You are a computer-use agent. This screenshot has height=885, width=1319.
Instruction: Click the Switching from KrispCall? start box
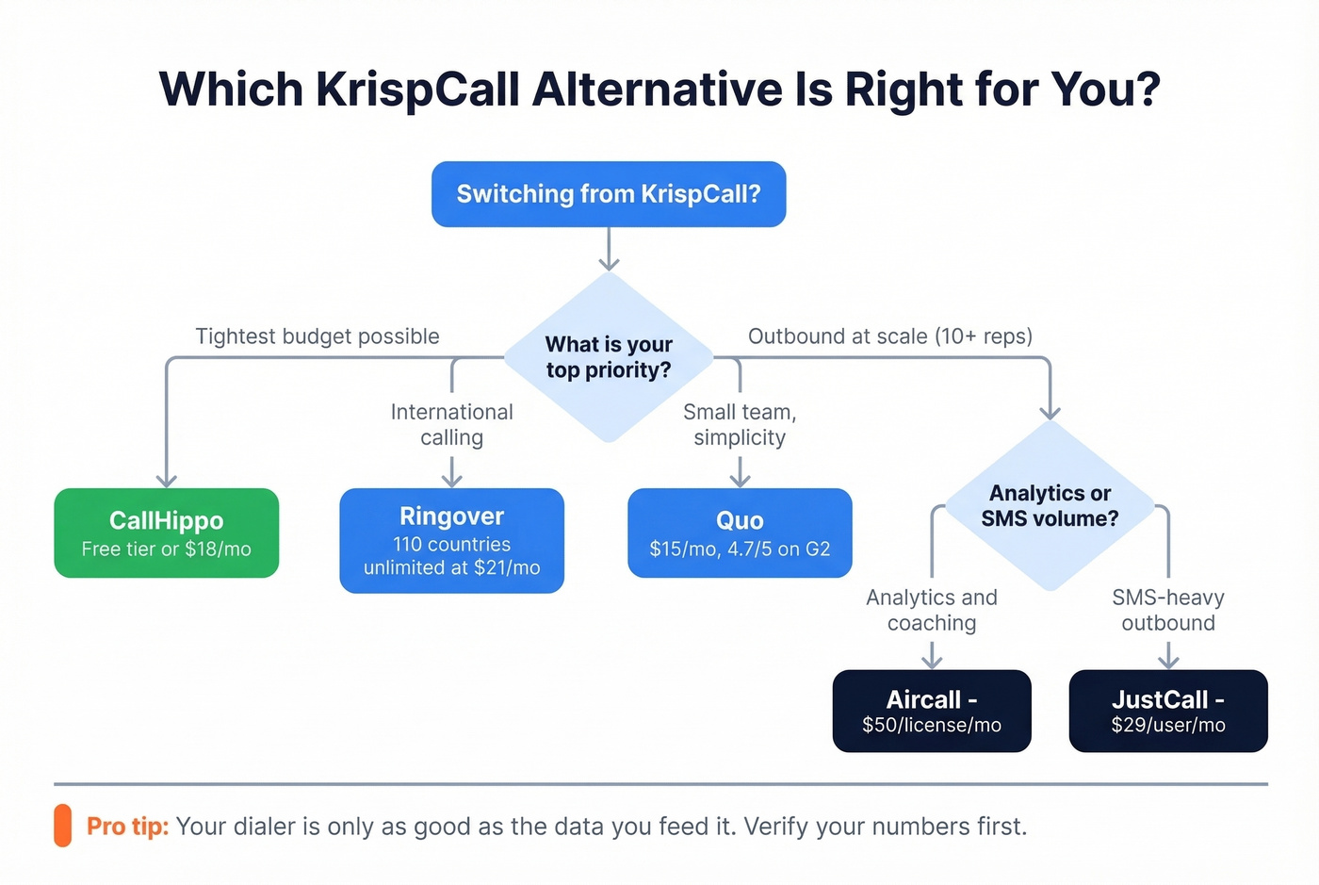609,194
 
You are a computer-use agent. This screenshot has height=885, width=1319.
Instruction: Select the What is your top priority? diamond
609,357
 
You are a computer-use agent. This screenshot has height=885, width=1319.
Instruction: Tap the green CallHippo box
167,533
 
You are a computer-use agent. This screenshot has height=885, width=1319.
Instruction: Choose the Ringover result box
452,540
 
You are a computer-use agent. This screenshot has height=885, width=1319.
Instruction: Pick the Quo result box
740,533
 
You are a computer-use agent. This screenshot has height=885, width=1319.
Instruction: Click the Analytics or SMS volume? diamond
1050,505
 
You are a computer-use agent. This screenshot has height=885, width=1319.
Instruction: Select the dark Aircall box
932,711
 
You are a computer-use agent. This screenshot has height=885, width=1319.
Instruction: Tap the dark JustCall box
1168,711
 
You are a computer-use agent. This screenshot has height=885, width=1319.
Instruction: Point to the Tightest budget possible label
318,336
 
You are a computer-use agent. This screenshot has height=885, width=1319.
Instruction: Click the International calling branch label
452,424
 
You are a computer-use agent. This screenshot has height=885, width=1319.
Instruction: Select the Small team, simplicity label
740,424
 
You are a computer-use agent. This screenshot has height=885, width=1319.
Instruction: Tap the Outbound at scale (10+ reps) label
890,336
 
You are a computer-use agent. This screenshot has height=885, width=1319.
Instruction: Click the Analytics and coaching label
932,610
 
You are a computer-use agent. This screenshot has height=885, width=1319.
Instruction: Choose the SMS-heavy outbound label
1168,610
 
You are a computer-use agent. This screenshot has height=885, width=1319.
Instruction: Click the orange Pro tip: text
127,827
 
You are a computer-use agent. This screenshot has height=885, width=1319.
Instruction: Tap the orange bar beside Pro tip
63,826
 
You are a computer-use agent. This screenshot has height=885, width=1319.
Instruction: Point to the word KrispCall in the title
417,90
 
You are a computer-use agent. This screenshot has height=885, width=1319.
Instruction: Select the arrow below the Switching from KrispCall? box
610,250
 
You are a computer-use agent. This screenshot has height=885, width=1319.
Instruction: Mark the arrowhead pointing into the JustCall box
1168,662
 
